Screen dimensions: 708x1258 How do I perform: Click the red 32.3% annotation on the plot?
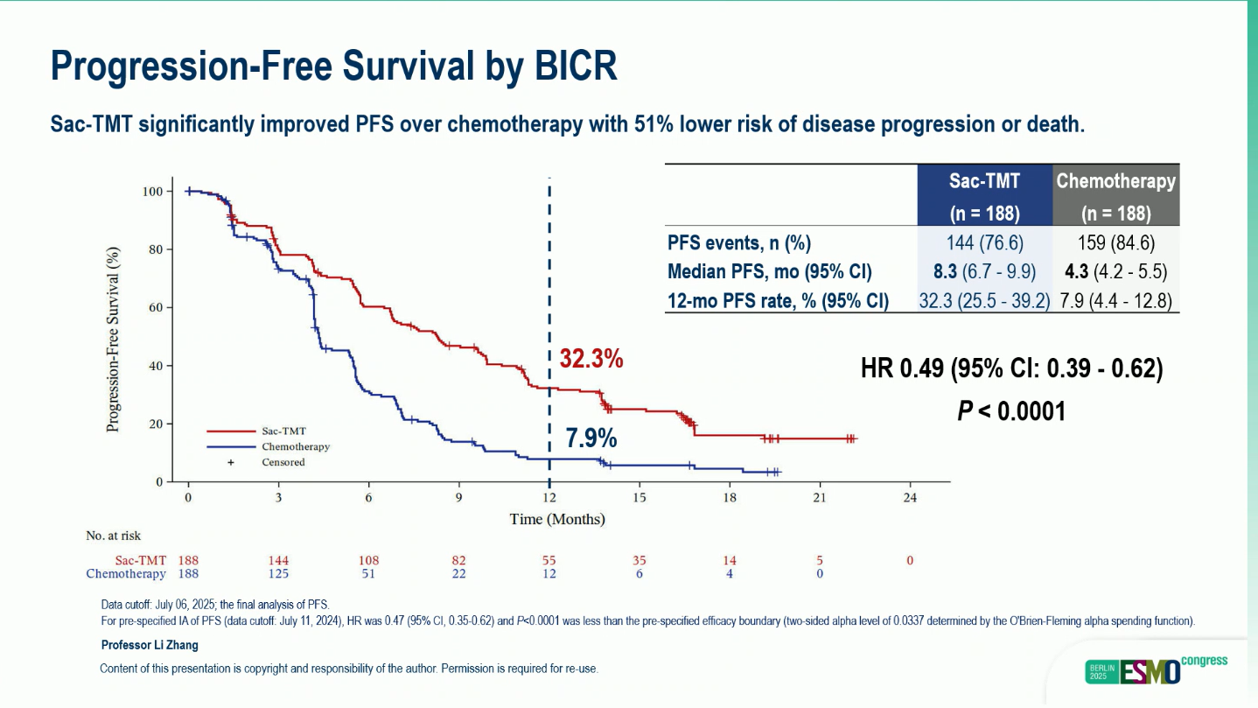pos(591,358)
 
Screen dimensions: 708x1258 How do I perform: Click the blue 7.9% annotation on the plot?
pos(591,438)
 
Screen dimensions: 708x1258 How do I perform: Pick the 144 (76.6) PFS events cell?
pos(984,242)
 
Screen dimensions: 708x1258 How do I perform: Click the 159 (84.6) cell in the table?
pos(1115,242)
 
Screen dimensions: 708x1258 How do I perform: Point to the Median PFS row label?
pos(770,271)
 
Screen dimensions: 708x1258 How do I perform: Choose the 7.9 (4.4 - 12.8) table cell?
pos(1115,301)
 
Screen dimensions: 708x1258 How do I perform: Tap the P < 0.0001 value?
pos(1011,410)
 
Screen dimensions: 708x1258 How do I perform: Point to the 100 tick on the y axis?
pos(153,192)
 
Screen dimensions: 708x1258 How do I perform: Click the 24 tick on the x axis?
pos(910,497)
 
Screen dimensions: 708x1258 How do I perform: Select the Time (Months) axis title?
pos(557,519)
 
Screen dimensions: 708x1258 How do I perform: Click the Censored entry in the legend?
pos(283,462)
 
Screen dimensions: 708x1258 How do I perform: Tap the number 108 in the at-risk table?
pos(368,560)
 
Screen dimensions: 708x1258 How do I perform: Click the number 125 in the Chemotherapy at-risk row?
pos(278,574)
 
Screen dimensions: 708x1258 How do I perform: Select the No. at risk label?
pos(113,536)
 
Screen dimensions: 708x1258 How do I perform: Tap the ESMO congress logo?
pos(1156,669)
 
